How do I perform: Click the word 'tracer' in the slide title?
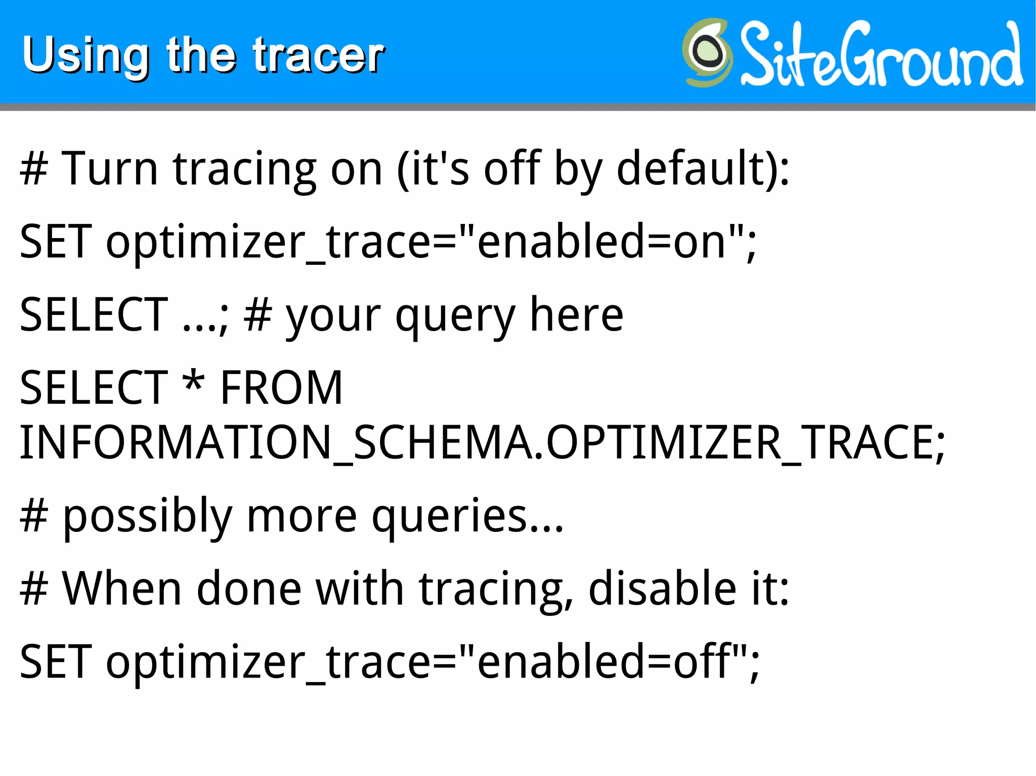[x=319, y=55]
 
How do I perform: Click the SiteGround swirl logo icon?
[x=707, y=53]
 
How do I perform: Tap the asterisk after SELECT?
[x=194, y=383]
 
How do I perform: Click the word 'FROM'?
[x=282, y=388]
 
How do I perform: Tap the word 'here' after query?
[x=576, y=315]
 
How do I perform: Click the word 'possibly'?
[x=147, y=517]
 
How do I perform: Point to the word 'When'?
[x=121, y=588]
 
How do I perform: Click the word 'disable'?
[x=662, y=588]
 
